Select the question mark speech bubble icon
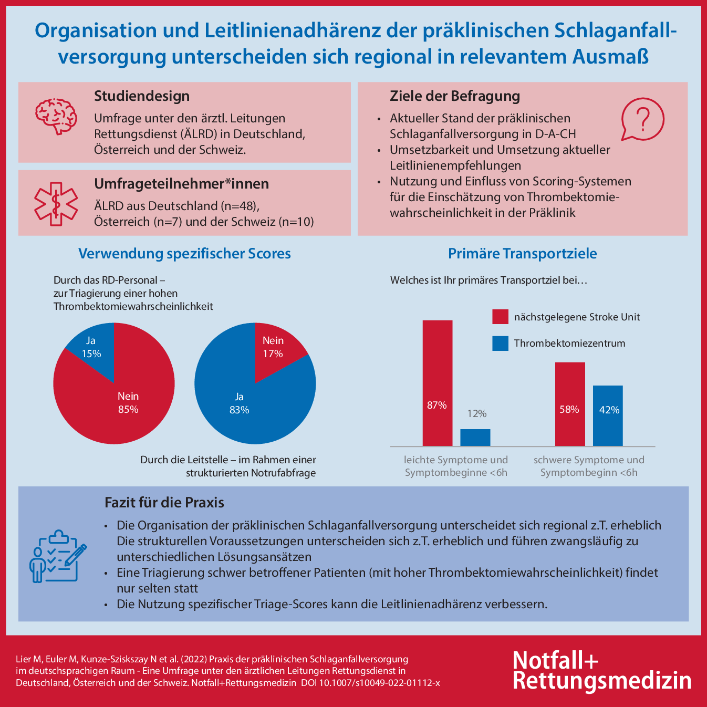point(642,120)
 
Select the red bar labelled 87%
point(437,383)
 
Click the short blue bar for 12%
point(475,438)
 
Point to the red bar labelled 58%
point(570,404)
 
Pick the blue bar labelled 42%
point(608,415)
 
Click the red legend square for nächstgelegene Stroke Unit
point(500,317)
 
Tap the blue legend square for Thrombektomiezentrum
point(500,344)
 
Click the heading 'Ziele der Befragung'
point(454,96)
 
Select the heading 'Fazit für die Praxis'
point(164,503)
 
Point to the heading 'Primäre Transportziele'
point(522,254)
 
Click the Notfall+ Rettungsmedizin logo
point(601,670)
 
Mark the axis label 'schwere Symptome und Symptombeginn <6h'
point(589,466)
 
